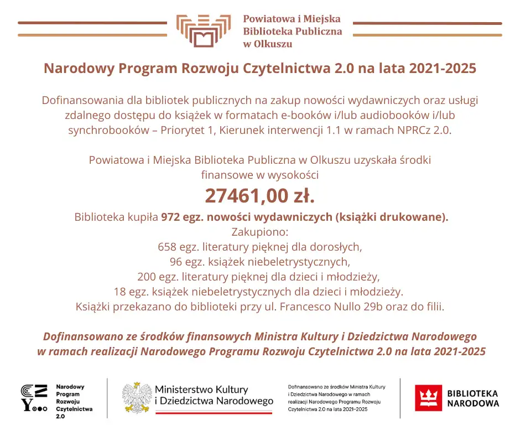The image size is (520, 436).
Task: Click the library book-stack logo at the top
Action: click(203, 31)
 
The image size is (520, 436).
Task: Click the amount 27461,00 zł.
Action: click(259, 196)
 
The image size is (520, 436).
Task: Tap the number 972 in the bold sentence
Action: click(170, 217)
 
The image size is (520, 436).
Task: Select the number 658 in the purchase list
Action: click(168, 246)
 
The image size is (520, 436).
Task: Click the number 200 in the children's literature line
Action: click(147, 276)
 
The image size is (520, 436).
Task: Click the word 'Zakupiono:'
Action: click(259, 231)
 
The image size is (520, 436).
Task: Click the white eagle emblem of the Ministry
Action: click(136, 397)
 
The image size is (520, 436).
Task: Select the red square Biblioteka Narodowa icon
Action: click(428, 398)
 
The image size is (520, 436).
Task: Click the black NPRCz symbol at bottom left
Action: click(34, 398)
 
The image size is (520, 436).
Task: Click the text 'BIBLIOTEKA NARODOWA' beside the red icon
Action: click(472, 398)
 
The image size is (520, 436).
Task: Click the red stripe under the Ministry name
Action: click(214, 412)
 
